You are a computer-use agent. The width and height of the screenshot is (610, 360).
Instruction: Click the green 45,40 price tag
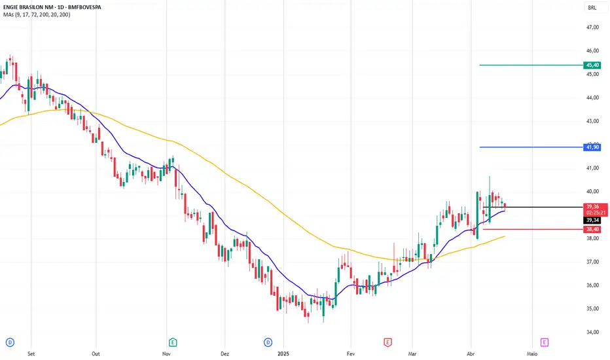coord(592,65)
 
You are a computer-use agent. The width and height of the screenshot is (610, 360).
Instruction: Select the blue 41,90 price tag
coord(592,147)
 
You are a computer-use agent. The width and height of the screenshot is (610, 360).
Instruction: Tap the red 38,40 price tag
coord(592,229)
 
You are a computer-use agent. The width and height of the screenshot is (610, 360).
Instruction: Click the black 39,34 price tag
coord(592,221)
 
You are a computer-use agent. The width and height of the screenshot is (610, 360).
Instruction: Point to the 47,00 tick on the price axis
coord(592,27)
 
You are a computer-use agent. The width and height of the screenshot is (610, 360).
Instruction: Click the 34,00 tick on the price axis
coord(592,332)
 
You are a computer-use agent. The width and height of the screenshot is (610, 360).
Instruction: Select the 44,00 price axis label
coord(592,98)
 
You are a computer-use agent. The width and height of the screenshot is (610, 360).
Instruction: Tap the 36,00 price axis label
coord(592,285)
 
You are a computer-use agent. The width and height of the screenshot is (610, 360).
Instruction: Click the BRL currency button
coord(592,8)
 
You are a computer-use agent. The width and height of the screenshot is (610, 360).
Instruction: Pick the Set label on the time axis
coord(31,351)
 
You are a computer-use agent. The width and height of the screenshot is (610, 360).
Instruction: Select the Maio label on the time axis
coord(532,351)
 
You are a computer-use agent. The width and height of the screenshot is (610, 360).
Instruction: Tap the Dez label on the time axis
coord(225,351)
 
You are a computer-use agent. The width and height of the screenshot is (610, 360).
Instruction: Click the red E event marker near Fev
coord(387,342)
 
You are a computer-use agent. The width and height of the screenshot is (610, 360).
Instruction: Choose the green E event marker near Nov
coord(173,342)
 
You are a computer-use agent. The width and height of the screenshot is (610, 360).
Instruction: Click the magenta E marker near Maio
coord(544,342)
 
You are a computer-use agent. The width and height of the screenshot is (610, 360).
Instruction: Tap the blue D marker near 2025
coord(268,342)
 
